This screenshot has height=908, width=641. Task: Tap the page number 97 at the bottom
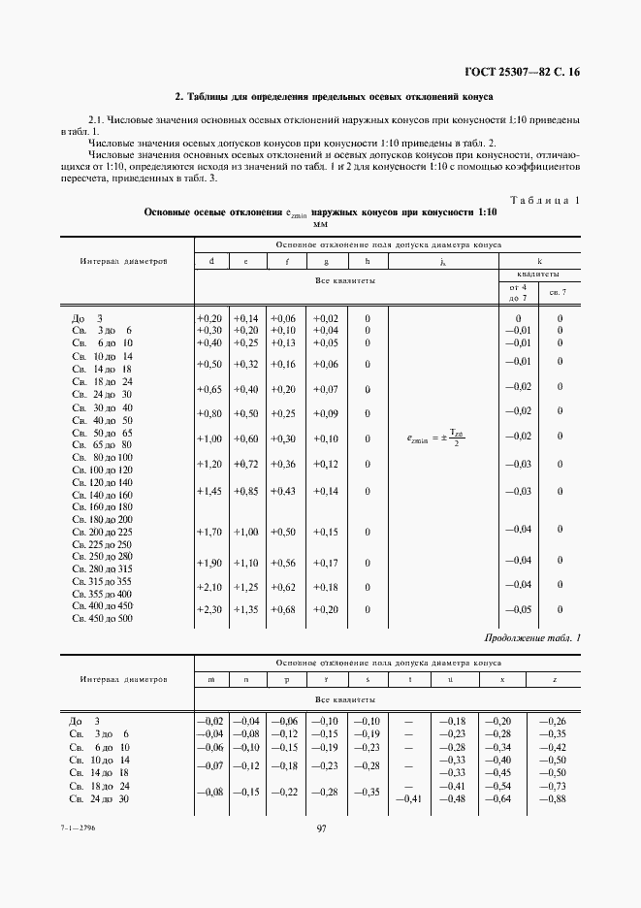(320, 827)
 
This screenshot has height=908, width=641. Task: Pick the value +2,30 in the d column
(208, 608)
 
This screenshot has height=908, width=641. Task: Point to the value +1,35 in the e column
(249, 608)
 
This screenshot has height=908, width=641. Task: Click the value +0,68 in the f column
(284, 608)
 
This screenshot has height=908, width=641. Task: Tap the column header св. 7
(559, 292)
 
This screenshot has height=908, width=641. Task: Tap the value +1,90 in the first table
(208, 563)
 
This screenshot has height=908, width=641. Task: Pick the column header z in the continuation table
(554, 679)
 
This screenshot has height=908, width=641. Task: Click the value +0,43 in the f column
(284, 492)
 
